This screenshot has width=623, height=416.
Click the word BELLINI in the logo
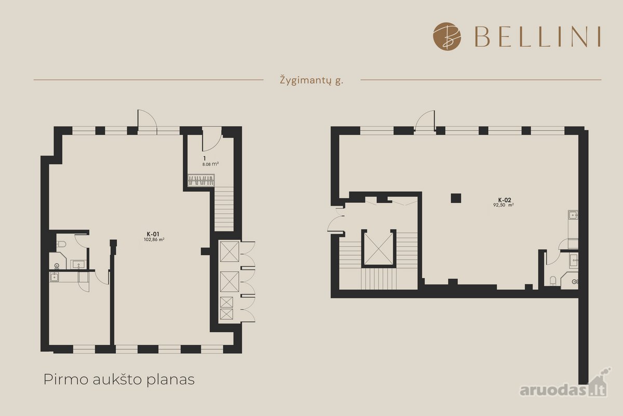537,37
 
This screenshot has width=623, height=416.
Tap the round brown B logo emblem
447,36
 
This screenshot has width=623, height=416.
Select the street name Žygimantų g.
311,81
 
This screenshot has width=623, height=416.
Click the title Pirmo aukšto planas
119,380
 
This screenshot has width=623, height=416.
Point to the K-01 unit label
153,235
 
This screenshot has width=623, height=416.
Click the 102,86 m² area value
154,239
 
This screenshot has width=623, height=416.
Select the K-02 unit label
505,200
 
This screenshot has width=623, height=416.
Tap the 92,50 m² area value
504,205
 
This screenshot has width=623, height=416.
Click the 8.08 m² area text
210,164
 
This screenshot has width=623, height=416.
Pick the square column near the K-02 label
456,199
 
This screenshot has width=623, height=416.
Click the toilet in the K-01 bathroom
61,244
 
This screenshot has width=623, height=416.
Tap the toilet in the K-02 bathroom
553,281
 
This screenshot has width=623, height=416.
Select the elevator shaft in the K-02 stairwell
378,249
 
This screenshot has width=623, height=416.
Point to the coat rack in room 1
201,180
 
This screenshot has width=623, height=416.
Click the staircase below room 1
224,209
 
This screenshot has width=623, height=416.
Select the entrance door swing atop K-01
147,120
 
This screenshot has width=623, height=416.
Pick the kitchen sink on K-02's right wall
573,215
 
